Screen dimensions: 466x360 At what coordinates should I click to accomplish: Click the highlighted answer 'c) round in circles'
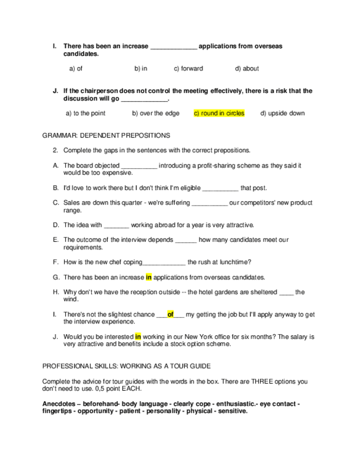coord(219,113)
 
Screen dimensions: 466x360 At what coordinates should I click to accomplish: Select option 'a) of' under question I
coord(76,69)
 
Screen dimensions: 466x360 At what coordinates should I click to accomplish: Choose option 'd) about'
coord(247,69)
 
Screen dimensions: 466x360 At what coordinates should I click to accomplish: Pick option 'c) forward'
coord(189,69)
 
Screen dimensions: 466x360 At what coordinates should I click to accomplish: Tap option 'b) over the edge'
coord(156,113)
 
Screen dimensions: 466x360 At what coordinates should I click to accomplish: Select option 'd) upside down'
coord(283,113)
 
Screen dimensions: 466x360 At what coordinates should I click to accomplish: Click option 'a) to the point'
coord(85,113)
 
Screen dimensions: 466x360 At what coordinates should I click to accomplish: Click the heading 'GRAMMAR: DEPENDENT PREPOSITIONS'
coord(106,135)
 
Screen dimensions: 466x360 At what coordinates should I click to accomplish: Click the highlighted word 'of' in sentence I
coord(170,314)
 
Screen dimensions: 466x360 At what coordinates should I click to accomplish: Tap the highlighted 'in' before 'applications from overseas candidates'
coord(148,277)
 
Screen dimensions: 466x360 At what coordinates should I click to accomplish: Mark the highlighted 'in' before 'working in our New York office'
coord(138,336)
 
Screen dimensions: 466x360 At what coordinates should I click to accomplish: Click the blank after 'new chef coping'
coord(164,262)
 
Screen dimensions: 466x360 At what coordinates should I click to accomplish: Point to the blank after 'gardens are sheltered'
coord(286,292)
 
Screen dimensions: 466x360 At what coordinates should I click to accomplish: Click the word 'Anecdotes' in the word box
coord(57,404)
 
